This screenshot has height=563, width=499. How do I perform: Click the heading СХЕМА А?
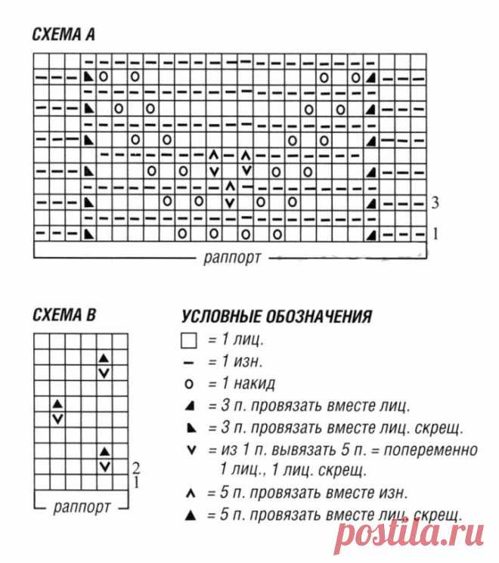point(64,35)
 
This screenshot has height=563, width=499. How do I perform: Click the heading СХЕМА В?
point(64,313)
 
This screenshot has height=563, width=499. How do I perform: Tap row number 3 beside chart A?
point(436,203)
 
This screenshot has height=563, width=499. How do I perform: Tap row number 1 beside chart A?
point(435,234)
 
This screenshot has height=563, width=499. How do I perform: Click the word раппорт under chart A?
point(232,257)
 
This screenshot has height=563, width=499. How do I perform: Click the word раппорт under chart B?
point(79,505)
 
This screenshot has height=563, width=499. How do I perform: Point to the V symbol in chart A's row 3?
point(230,203)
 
